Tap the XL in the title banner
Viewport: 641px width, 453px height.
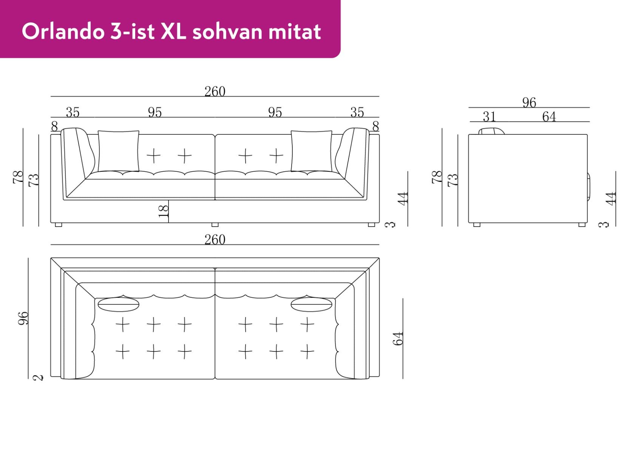[x=173, y=31]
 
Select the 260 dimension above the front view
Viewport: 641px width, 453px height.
[x=215, y=91]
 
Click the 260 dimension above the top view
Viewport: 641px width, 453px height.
[x=215, y=239]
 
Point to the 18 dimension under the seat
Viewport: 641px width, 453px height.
[x=164, y=211]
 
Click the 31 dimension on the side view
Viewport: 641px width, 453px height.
[x=489, y=117]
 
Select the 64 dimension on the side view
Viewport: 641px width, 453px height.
[x=548, y=117]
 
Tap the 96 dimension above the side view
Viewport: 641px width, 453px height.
[x=529, y=102]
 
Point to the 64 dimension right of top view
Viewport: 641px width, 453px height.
[x=398, y=338]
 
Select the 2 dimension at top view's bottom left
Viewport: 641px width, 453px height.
[x=38, y=377]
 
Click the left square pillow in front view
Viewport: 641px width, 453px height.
[x=118, y=151]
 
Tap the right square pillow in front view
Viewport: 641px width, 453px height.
[x=311, y=151]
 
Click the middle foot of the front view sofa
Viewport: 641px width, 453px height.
[x=215, y=225]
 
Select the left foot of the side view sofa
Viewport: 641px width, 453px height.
[x=477, y=225]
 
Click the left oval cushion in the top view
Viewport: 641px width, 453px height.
[x=118, y=304]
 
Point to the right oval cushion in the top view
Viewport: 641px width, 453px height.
[x=311, y=304]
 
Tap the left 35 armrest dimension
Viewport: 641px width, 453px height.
[x=73, y=112]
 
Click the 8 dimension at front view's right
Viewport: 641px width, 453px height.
[x=375, y=126]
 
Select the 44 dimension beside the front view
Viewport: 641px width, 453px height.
[x=403, y=198]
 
